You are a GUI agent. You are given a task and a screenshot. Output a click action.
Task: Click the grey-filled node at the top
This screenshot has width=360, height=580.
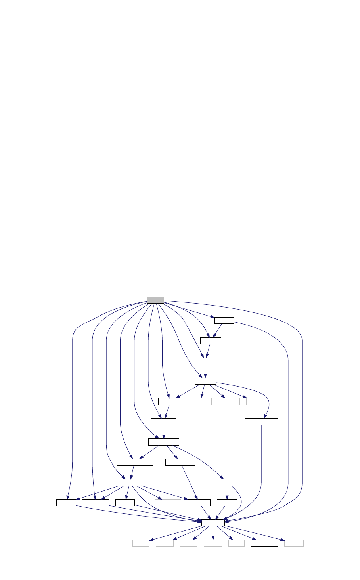point(155,300)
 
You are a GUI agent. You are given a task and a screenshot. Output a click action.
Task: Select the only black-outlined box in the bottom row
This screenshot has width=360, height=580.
point(264,543)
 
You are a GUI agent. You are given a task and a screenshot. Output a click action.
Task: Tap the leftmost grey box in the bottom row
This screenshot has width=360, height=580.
point(141,543)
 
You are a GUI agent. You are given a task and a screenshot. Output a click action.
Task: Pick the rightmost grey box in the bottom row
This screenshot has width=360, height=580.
point(294,543)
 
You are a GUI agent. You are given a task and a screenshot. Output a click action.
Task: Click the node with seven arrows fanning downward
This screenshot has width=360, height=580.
point(213,523)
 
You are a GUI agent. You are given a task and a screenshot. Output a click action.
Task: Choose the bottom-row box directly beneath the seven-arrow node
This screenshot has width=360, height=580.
point(213,543)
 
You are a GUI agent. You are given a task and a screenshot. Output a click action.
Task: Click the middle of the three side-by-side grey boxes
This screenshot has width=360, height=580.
point(229,402)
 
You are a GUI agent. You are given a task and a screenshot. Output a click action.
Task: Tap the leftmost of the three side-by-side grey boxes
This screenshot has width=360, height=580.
point(200,402)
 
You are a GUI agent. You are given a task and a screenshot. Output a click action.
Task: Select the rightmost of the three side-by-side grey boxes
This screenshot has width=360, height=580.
point(255,402)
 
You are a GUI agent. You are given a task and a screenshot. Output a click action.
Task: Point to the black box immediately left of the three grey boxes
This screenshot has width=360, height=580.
point(170,402)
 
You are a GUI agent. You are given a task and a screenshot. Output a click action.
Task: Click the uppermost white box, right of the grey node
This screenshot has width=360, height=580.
point(224,320)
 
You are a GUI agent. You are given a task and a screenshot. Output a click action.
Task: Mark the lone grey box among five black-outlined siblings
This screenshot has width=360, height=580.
point(168,503)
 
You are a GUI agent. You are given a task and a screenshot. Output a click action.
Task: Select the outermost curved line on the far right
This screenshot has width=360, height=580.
point(302,396)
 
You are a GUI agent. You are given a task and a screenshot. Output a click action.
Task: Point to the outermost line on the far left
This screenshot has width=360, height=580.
point(73,396)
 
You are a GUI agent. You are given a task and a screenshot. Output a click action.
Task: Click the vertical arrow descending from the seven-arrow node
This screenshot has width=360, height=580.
point(213,533)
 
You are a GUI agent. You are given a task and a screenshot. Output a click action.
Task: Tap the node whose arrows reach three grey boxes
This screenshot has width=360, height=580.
point(205,381)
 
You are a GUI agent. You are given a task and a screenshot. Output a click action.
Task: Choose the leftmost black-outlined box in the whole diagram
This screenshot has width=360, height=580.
point(66,503)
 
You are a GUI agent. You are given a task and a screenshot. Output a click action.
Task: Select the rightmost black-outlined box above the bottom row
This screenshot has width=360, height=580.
point(261,421)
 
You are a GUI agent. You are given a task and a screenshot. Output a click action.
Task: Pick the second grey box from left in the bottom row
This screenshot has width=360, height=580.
point(165,543)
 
